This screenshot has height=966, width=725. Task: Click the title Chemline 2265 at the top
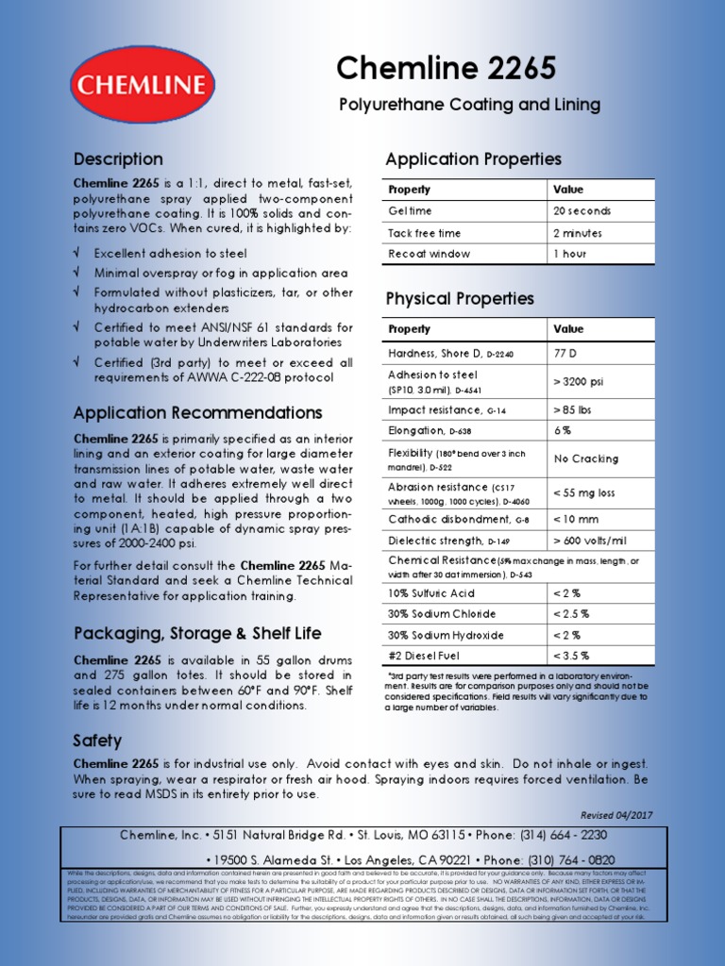tap(447, 68)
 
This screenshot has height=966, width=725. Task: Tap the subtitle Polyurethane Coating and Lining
tap(469, 105)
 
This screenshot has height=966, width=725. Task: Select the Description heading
tap(118, 159)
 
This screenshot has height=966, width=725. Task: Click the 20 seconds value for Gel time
tap(582, 211)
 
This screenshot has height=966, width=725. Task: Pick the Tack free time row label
tap(425, 233)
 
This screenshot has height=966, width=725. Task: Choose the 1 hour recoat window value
tap(570, 255)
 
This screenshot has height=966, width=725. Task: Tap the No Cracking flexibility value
tap(586, 458)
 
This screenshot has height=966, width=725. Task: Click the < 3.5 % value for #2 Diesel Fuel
tap(571, 656)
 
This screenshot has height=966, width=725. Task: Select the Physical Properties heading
tap(460, 299)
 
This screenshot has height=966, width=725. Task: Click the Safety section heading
tap(97, 741)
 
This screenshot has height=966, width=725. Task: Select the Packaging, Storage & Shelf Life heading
tap(197, 633)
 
